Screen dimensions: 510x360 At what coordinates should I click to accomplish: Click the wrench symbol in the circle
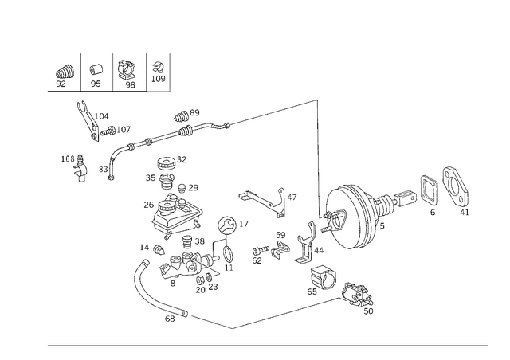226,225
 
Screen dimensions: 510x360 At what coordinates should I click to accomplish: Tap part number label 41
465,213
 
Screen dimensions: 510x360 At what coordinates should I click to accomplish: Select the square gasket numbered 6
430,191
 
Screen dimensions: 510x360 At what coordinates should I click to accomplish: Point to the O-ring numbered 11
229,254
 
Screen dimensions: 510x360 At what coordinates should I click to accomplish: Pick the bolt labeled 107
108,131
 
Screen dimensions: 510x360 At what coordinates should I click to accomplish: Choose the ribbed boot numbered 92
64,72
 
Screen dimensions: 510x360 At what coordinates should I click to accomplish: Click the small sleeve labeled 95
96,69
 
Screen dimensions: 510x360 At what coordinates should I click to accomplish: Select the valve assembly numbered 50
357,295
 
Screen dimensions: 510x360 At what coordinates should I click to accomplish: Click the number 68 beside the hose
170,319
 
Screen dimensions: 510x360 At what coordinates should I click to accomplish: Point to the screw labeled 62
261,250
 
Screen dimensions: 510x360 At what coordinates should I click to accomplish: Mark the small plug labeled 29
182,188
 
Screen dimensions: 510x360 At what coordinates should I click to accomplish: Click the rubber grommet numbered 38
187,241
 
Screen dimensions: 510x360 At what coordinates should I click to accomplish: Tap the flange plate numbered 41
455,186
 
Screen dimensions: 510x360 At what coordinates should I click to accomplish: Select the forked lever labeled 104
88,121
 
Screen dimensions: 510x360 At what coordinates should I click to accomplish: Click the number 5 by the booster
382,225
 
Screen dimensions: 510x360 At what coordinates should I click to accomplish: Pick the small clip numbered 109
158,66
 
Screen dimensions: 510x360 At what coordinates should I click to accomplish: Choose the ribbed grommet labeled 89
182,116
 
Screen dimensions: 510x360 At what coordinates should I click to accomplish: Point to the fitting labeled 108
80,168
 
